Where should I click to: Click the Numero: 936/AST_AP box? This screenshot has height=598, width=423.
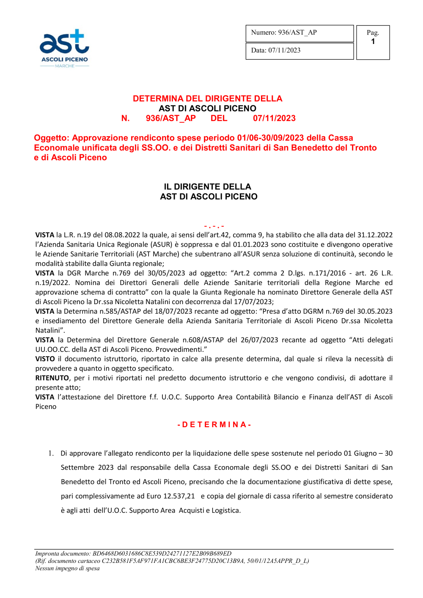(x=299, y=33)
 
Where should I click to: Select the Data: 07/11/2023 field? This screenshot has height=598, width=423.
(x=299, y=51)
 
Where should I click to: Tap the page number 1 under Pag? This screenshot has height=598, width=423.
(x=373, y=42)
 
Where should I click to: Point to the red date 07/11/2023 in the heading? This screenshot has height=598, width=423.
(x=274, y=118)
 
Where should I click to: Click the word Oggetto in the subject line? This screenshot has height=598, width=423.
(x=51, y=138)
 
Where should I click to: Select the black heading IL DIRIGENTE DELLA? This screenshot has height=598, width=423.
(x=207, y=187)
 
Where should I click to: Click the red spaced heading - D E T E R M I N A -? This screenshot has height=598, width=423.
(x=214, y=425)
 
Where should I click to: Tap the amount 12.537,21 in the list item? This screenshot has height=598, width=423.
(x=179, y=496)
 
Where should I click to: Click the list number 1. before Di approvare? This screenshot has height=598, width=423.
(x=51, y=453)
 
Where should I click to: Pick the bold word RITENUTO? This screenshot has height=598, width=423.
(x=52, y=378)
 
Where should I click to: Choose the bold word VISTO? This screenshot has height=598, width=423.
(x=45, y=359)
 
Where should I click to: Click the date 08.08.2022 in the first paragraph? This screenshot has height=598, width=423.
(x=122, y=235)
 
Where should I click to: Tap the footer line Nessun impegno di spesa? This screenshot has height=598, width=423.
(x=67, y=568)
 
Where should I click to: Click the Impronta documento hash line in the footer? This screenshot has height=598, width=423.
(x=133, y=554)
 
